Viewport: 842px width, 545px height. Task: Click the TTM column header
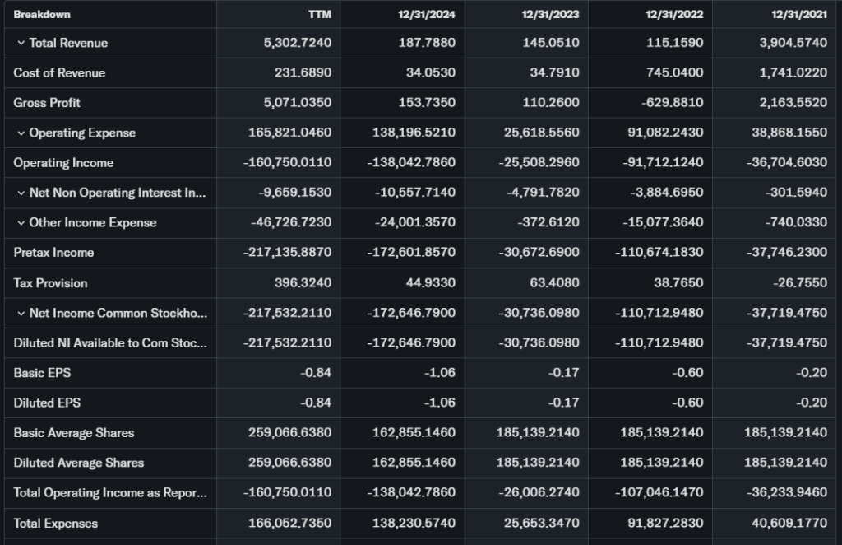320,14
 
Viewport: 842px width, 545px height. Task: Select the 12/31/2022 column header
674,14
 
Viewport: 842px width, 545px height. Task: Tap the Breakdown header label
42,14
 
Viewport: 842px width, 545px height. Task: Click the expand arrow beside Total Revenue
21,43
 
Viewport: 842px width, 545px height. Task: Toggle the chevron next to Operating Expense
21,133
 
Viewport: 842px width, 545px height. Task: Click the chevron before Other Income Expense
21,222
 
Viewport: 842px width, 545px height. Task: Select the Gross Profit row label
47,103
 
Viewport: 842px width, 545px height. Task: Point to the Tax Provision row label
50,282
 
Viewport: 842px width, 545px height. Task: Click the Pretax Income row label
53,253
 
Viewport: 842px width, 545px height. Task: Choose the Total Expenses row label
55,523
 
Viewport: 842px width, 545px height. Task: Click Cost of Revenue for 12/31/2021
793,72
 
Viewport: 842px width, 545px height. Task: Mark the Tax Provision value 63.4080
556,282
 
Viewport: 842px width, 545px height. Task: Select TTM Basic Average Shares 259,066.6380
289,433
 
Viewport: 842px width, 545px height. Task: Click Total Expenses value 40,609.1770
789,523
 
